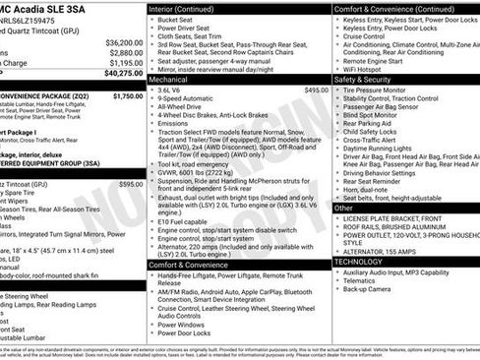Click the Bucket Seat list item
178,19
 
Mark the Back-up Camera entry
371,290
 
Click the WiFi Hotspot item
367,69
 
